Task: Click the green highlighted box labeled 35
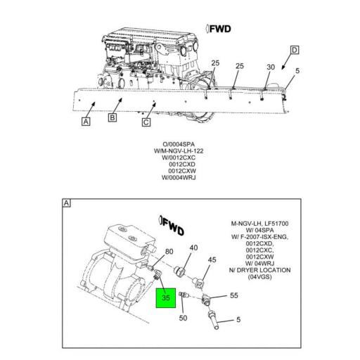(166, 298)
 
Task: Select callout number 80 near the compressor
(169, 251)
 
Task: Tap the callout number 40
(194, 247)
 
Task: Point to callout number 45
(210, 260)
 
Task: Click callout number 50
(184, 318)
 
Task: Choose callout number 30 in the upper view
(270, 67)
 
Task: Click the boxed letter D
(295, 50)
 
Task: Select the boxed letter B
(111, 117)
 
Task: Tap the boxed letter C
(146, 123)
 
